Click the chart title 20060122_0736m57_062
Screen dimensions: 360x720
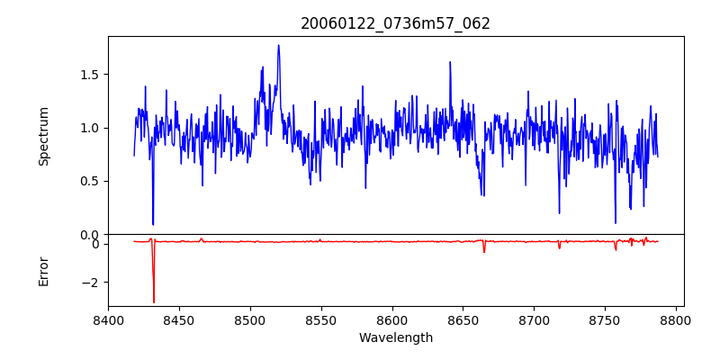pyautogui.click(x=395, y=23)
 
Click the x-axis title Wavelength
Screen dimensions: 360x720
pyautogui.click(x=395, y=338)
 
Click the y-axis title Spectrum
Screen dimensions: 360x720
pyautogui.click(x=44, y=136)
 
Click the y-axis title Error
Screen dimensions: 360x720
pyautogui.click(x=44, y=271)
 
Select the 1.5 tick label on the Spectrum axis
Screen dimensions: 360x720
pyautogui.click(x=89, y=75)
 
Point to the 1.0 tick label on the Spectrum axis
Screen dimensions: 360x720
pyautogui.click(x=89, y=128)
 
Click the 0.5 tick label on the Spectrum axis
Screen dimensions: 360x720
pyautogui.click(x=89, y=181)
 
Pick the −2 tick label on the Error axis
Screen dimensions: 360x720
pyautogui.click(x=92, y=283)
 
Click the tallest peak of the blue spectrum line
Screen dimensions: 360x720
pyautogui.click(x=278, y=45)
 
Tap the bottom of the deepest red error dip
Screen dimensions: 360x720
pyautogui.click(x=154, y=302)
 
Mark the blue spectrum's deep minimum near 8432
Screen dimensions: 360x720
pyautogui.click(x=153, y=224)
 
